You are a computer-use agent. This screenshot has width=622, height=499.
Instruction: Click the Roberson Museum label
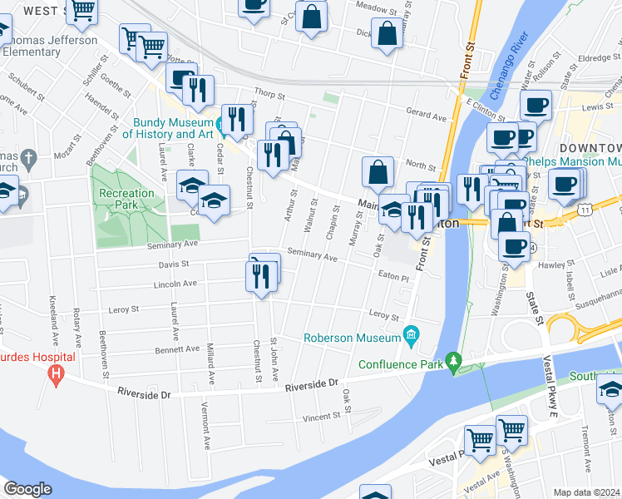[352, 338]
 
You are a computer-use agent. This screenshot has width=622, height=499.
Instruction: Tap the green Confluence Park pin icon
[453, 362]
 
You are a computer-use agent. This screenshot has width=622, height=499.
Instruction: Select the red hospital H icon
[56, 373]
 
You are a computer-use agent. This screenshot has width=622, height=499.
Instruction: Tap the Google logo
[27, 489]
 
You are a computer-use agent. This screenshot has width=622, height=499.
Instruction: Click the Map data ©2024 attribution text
[587, 492]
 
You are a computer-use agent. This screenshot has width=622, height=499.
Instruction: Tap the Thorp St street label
[270, 94]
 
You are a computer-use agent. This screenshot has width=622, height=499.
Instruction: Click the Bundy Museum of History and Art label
[169, 128]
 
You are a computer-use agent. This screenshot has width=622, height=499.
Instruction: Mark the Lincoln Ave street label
[175, 284]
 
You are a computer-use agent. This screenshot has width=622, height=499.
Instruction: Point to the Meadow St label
[372, 6]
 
